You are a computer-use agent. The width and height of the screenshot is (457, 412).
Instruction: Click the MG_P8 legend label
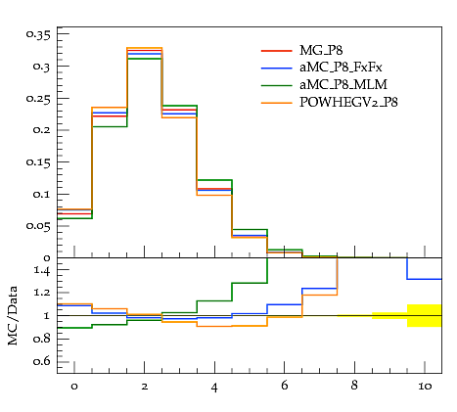321,51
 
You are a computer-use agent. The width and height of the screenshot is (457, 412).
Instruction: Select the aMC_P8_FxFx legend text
341,68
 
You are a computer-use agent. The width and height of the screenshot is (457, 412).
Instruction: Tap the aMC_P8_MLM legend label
343,85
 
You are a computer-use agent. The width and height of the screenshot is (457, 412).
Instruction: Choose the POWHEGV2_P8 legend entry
348,103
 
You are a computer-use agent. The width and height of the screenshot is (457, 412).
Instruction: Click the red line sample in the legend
276,51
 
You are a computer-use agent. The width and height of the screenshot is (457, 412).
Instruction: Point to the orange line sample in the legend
276,103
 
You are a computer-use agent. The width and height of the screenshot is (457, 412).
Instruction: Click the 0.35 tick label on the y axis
39,34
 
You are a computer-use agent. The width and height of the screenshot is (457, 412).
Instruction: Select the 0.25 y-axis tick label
39,99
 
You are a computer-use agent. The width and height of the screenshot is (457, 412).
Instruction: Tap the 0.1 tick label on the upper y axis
42,195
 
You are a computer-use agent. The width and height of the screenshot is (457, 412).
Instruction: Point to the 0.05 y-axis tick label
39,226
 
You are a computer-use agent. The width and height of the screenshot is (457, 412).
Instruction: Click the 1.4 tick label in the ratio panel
42,270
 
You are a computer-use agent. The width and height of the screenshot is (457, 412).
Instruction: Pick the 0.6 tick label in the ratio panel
42,361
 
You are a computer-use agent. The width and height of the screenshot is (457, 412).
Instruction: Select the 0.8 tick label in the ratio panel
42,339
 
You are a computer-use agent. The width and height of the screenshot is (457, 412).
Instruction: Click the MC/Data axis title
13,315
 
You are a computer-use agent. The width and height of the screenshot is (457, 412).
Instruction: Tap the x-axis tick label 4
214,388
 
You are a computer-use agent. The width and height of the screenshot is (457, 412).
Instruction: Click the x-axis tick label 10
425,387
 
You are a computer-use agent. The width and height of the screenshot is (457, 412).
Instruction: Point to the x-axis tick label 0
74,387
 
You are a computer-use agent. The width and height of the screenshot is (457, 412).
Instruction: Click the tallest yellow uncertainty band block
425,315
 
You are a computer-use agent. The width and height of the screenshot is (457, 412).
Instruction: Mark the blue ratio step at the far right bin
425,279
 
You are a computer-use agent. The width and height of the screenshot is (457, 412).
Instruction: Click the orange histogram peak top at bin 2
145,48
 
